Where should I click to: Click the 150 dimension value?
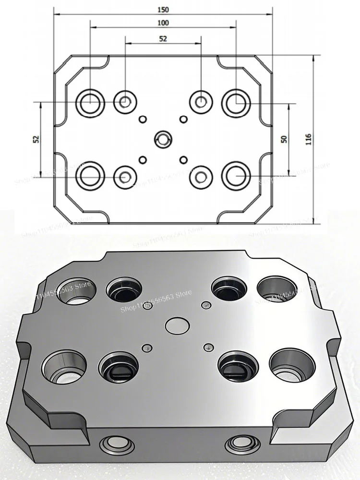point(163,9)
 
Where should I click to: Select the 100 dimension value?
point(163,23)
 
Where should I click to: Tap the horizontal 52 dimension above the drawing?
point(163,39)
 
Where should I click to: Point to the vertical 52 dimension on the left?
point(36,139)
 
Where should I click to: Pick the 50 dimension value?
point(284,139)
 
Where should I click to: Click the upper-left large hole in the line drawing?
point(90,102)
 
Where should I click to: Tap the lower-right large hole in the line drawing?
point(236,176)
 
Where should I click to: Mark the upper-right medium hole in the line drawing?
point(201,101)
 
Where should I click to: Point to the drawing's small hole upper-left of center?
point(142,119)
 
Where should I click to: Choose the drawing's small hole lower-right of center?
point(182,159)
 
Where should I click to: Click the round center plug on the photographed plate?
point(177,325)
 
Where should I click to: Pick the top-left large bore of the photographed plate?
point(77,290)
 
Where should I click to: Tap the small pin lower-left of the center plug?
point(145,347)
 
